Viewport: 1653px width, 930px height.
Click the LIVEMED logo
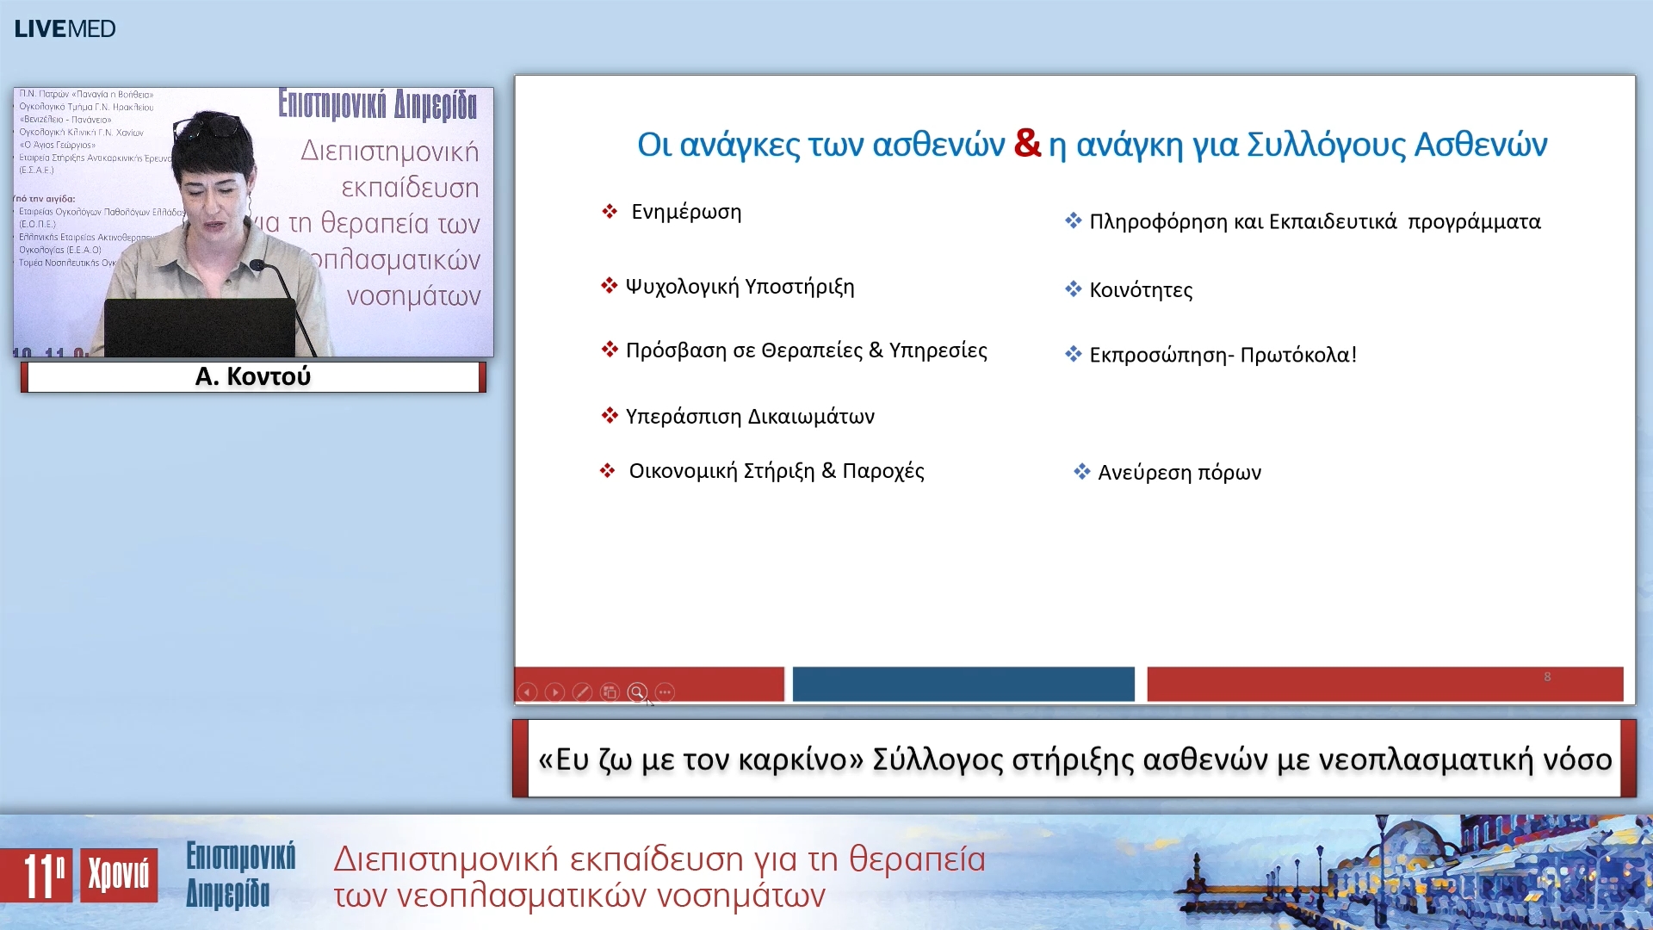[x=65, y=28]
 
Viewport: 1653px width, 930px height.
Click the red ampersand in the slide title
[x=1027, y=143]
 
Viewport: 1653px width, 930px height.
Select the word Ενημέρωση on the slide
[x=686, y=212]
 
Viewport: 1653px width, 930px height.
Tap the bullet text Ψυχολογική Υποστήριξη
[x=740, y=287]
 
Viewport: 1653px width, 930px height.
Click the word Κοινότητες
[x=1141, y=290]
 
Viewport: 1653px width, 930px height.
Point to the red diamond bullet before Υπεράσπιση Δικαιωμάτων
[x=610, y=416]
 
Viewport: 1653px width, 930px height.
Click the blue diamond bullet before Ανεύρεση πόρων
[x=1081, y=472]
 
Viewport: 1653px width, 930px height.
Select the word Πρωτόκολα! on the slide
[x=1298, y=355]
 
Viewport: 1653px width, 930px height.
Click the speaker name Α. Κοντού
[x=252, y=376]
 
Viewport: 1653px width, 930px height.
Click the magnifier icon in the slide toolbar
[x=637, y=692]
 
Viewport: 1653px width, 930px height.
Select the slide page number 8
[x=1547, y=677]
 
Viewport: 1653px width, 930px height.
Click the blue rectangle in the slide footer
[x=963, y=684]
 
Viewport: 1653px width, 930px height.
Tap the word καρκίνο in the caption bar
[x=793, y=759]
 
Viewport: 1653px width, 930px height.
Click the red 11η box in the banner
[x=36, y=876]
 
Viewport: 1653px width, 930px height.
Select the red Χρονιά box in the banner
[x=119, y=876]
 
